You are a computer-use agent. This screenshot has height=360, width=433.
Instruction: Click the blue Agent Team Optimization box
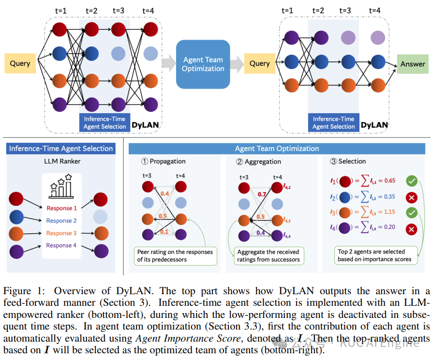[203, 64]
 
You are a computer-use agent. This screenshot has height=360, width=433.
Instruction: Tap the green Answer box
[413, 64]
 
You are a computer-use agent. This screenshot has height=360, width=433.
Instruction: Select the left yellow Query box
[20, 63]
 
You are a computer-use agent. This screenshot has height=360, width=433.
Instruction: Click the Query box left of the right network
[260, 63]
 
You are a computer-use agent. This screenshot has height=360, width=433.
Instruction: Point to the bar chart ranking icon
[61, 186]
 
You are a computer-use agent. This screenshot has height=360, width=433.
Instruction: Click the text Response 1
[61, 208]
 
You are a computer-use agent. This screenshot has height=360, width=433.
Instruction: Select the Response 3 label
[61, 233]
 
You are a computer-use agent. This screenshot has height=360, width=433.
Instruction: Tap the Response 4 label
[61, 245]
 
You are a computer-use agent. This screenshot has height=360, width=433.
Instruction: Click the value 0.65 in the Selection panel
[389, 180]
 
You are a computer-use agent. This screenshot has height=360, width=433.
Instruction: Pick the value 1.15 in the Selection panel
[389, 212]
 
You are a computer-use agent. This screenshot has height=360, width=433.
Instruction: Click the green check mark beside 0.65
[411, 181]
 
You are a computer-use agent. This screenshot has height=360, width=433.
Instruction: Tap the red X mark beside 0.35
[411, 197]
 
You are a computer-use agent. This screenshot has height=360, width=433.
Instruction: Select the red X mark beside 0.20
[411, 229]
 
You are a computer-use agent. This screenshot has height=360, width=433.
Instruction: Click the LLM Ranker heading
[62, 161]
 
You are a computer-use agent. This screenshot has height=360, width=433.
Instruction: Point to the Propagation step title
[164, 161]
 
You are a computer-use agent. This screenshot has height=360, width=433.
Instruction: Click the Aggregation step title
[259, 162]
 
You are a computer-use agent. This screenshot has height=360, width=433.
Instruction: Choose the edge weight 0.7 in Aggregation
[262, 195]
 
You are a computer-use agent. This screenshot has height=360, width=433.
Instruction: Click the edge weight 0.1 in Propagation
[164, 232]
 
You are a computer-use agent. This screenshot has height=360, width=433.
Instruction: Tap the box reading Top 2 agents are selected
[376, 255]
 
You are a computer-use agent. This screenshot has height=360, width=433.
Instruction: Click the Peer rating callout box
[175, 256]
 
